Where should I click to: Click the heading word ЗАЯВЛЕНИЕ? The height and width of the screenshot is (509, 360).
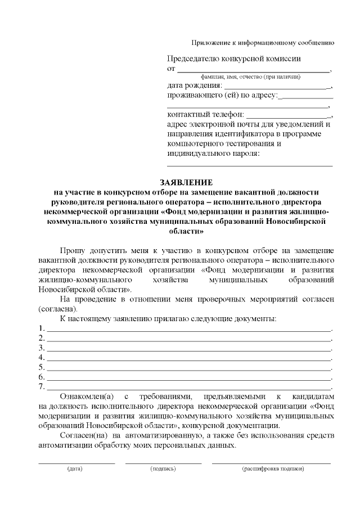[186, 183]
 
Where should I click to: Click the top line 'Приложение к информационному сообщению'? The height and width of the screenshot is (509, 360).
[263, 43]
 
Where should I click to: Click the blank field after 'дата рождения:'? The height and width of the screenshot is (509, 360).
[277, 88]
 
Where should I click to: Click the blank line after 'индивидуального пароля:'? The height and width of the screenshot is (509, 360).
[250, 165]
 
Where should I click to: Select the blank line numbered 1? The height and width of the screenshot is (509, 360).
[188, 330]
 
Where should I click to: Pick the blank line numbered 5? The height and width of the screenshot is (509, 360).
[188, 368]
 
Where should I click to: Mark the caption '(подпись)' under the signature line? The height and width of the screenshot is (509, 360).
[163, 469]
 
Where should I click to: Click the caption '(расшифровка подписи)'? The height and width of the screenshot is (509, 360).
[273, 469]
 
